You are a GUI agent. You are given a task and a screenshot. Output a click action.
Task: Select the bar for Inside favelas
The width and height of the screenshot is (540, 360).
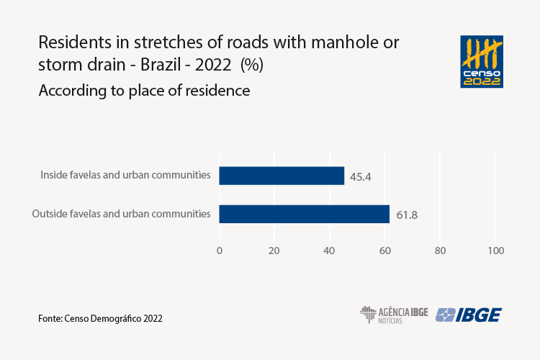[282, 176]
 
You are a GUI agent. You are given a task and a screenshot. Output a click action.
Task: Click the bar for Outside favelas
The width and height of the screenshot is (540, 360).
[304, 214]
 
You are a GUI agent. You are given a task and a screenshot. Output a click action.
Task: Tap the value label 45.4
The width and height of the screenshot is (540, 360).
[359, 176]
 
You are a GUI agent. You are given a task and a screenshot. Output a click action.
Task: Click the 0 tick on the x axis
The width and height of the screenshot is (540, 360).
[220, 251]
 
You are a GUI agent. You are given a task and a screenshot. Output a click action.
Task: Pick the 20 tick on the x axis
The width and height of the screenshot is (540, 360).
[274, 251]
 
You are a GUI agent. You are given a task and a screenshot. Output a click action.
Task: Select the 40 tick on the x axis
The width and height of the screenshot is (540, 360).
[330, 251]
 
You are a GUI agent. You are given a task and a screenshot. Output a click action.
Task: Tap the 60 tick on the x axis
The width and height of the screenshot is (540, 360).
[384, 251]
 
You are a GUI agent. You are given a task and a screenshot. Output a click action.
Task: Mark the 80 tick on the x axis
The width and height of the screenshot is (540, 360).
[440, 251]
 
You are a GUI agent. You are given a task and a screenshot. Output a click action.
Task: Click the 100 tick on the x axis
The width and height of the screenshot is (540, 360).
[495, 251]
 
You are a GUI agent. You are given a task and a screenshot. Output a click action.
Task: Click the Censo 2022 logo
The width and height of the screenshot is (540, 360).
[482, 60]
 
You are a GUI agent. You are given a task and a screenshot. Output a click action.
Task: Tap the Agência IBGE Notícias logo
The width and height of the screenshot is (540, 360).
[394, 315]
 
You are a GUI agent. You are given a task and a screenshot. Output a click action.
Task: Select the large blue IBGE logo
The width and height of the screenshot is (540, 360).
[469, 315]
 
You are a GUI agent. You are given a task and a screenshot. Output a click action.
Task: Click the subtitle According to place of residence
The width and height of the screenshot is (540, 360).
[144, 91]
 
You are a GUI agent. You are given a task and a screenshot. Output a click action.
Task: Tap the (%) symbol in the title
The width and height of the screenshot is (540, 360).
[252, 65]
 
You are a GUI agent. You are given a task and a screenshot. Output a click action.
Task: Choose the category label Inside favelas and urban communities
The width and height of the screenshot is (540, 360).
[125, 175]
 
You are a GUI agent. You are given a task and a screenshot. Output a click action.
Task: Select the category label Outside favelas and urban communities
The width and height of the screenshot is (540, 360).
[121, 213]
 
